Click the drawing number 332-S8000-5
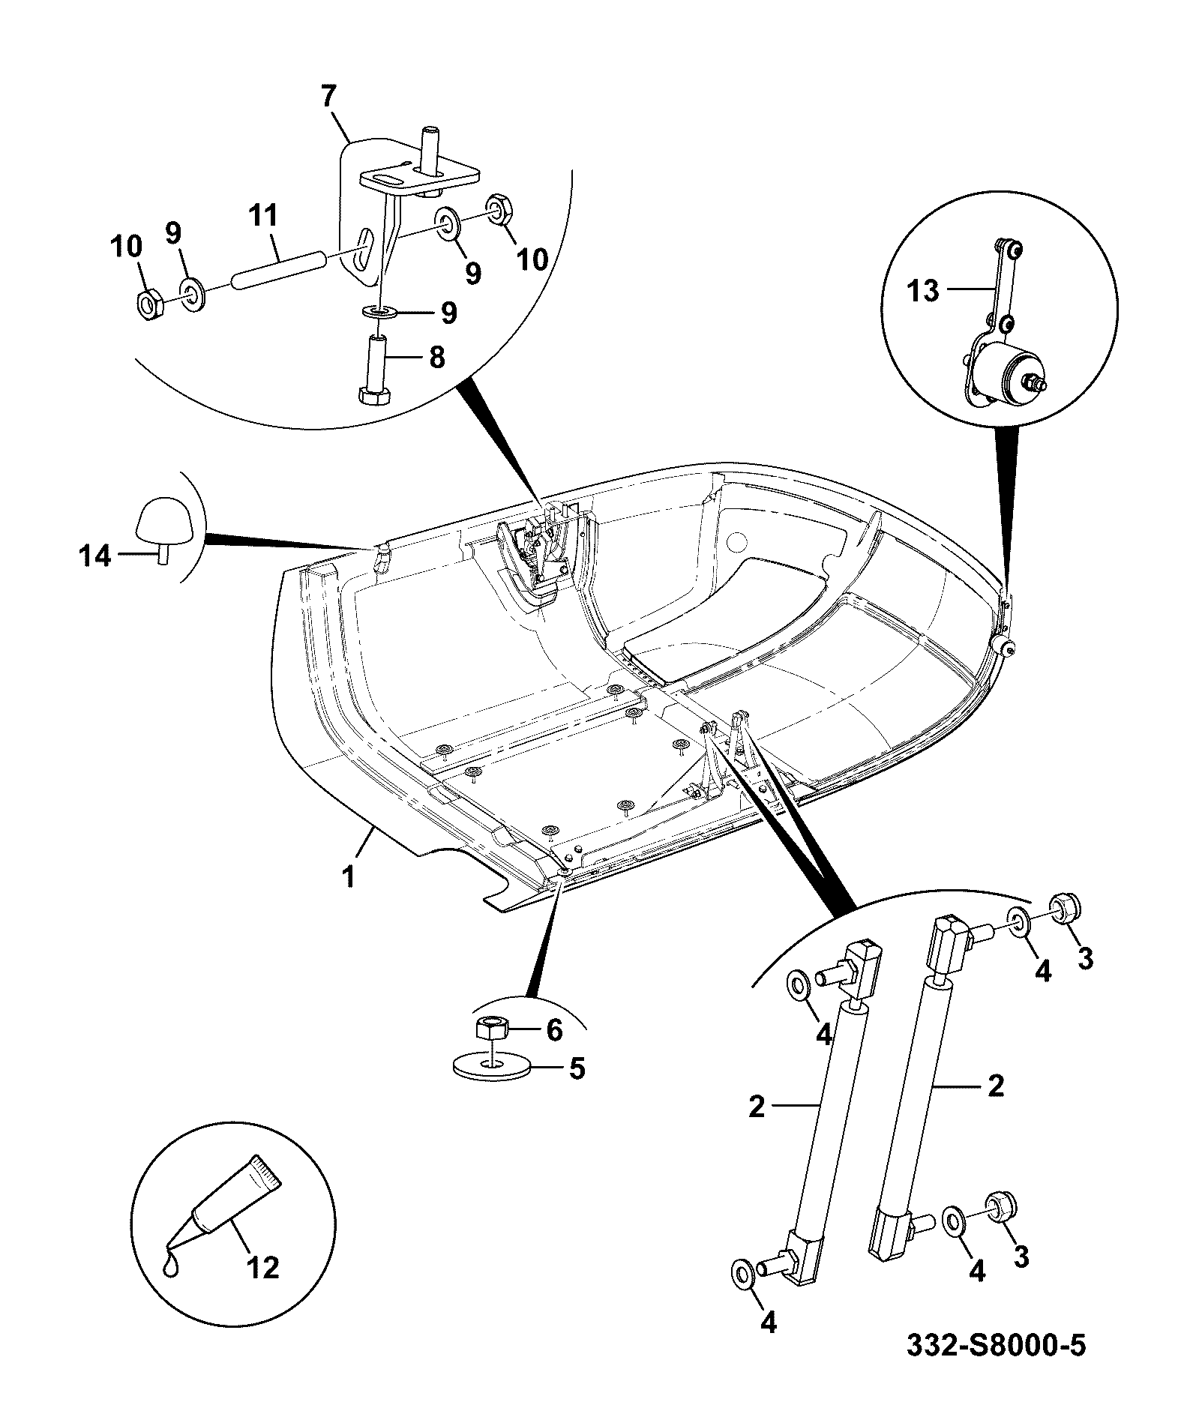996,1346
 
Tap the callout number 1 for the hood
349,876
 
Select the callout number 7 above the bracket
328,97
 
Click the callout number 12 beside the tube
262,1267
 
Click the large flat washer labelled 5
491,1067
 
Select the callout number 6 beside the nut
554,1030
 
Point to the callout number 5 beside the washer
576,1068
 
